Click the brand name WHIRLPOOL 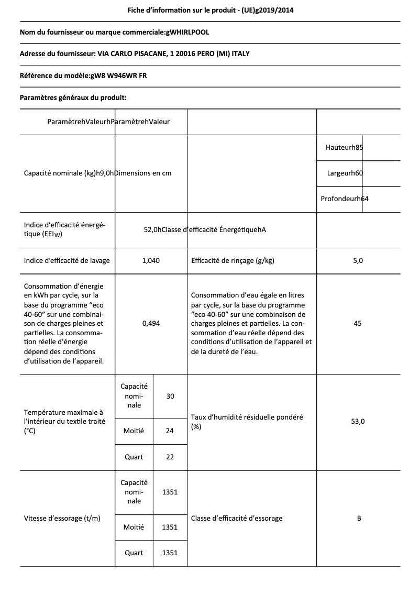point(187,32)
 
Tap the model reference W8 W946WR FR point(118,75)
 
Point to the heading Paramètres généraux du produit point(73,97)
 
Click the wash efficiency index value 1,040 point(151,260)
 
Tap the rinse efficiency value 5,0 point(358,260)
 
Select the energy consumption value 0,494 point(151,324)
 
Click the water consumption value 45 point(358,324)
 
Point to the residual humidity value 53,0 point(358,421)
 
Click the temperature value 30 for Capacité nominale point(170,397)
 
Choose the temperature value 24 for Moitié point(170,431)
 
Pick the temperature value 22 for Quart point(170,457)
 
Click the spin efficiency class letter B point(359,519)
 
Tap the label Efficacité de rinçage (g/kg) point(233,260)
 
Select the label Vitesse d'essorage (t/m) point(62,519)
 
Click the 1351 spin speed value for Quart point(170,553)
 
